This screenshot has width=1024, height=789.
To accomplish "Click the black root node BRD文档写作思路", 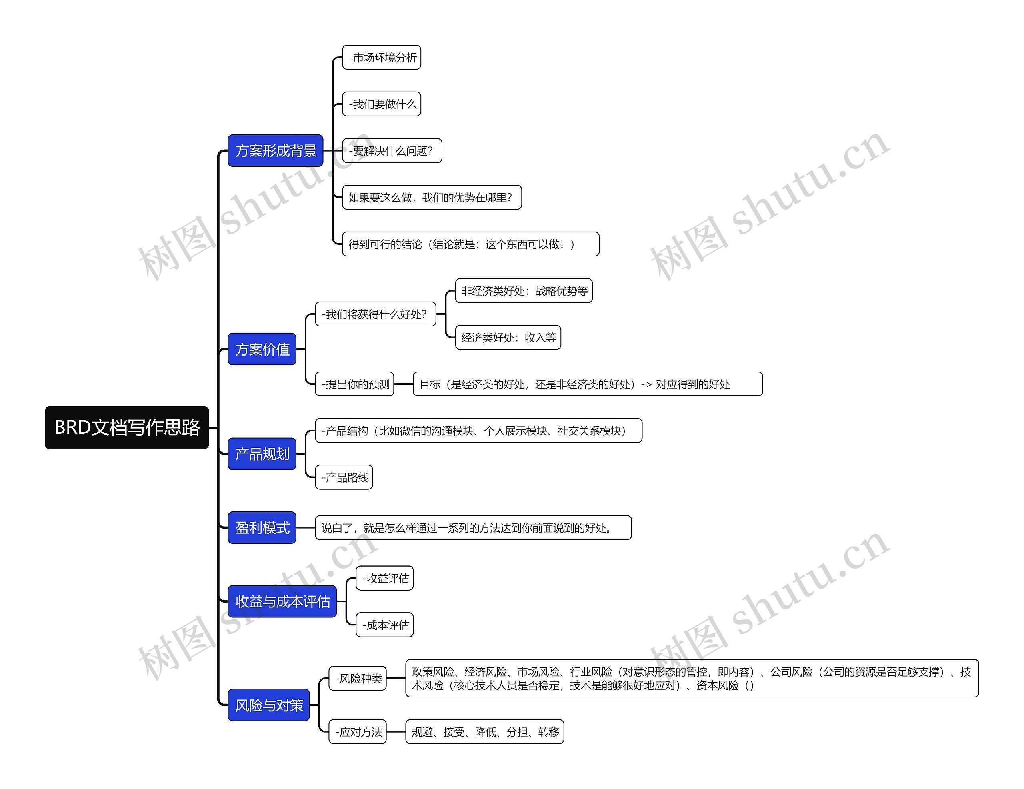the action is (126, 427).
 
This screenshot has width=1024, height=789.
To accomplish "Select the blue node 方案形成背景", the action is (275, 150).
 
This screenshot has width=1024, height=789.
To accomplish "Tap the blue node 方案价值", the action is (262, 349).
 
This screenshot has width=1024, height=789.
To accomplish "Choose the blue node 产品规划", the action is (262, 454).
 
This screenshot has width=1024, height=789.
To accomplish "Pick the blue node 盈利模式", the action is (262, 527).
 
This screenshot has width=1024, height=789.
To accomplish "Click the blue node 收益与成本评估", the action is (282, 601).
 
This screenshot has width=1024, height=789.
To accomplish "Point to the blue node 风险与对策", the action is (269, 705).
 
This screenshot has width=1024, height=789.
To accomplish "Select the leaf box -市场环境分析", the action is (382, 57).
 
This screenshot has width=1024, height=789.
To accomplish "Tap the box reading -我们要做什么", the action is (382, 104).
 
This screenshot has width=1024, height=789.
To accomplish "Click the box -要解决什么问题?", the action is (392, 150).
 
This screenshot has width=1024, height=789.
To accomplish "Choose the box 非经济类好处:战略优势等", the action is (524, 291).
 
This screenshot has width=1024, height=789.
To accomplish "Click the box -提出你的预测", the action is (354, 384).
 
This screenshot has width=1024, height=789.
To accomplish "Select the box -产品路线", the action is (344, 477).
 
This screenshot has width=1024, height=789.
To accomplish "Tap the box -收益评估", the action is (384, 578).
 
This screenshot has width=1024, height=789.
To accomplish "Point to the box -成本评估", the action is (384, 625).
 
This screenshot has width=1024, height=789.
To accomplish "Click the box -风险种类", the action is (358, 678).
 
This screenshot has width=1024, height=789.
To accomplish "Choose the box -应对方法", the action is (358, 732).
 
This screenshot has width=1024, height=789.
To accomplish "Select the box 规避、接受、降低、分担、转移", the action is (484, 732).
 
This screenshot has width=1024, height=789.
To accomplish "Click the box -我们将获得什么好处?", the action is (376, 314).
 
